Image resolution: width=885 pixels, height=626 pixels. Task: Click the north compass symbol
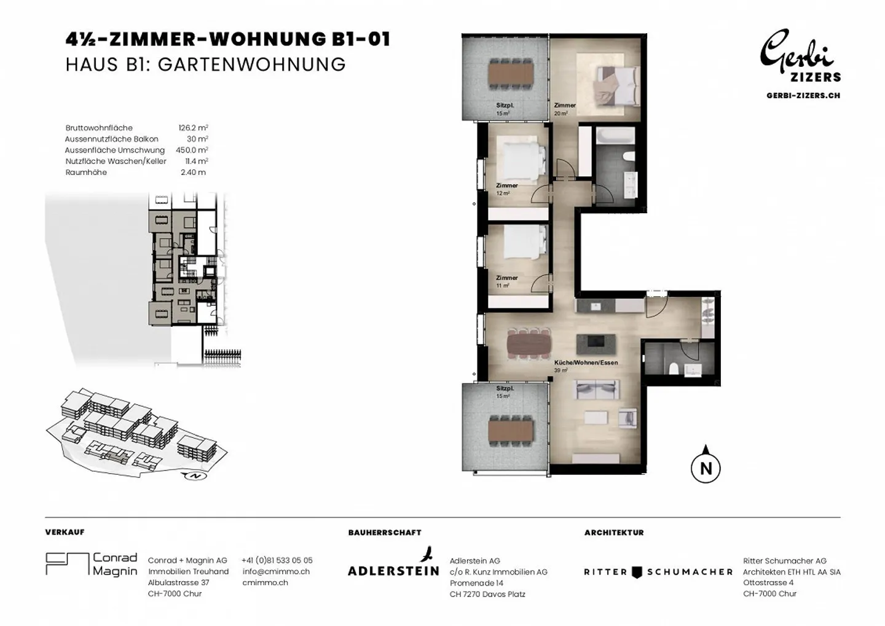pyautogui.click(x=706, y=465)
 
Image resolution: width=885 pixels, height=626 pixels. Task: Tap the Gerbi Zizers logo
pyautogui.click(x=801, y=55)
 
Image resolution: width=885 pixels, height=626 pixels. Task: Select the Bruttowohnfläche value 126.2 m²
pyautogui.click(x=193, y=128)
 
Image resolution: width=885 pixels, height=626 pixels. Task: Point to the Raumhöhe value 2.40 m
pyautogui.click(x=193, y=172)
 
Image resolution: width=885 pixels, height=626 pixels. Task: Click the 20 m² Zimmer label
pyautogui.click(x=565, y=109)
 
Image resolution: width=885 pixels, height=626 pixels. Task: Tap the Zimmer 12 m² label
pyautogui.click(x=506, y=189)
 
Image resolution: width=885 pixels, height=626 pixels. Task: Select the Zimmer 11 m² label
pyautogui.click(x=506, y=281)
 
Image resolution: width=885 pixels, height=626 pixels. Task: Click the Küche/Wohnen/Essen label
pyautogui.click(x=586, y=362)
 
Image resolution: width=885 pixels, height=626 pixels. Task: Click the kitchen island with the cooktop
pyautogui.click(x=596, y=344)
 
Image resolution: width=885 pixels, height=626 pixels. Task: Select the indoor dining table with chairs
pyautogui.click(x=529, y=343)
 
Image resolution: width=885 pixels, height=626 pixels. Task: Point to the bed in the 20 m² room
pyautogui.click(x=618, y=86)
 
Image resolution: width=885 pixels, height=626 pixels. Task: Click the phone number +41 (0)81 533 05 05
pyautogui.click(x=277, y=560)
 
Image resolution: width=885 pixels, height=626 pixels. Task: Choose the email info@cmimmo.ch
pyautogui.click(x=276, y=571)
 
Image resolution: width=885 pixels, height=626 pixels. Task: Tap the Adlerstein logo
pyautogui.click(x=393, y=561)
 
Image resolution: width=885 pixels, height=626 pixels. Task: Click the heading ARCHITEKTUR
pyautogui.click(x=614, y=533)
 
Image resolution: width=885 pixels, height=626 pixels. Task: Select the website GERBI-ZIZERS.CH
pyautogui.click(x=803, y=96)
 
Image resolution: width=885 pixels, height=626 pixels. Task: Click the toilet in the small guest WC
pyautogui.click(x=674, y=369)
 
